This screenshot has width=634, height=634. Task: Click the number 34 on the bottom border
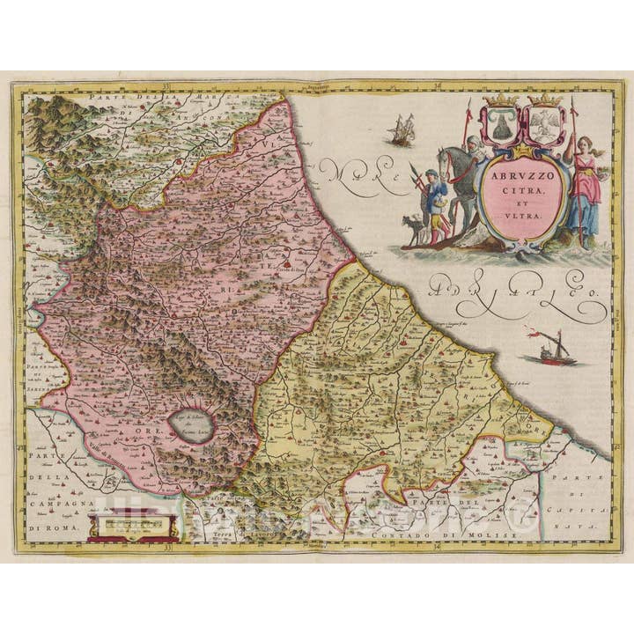[437, 546]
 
